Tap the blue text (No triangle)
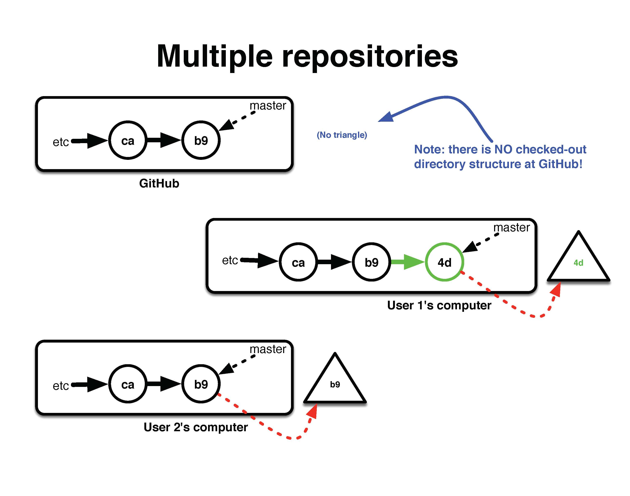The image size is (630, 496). pos(342,135)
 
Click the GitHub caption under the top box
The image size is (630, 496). pos(159,184)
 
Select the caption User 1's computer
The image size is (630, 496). pos(439,305)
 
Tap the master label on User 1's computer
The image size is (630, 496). pos(512,228)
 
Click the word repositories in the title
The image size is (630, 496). pos(370,57)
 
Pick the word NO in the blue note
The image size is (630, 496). pos(503,150)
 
